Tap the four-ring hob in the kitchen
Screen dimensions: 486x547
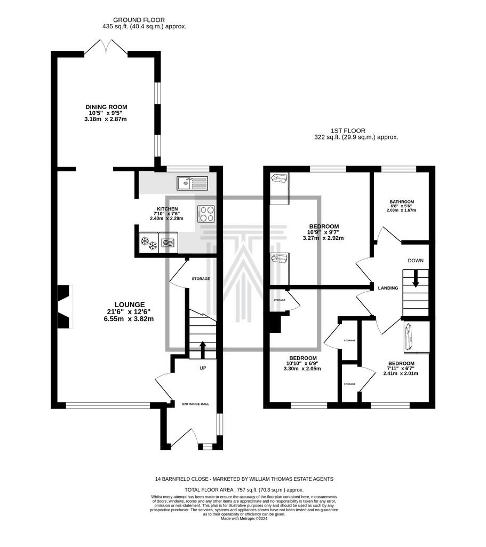click(x=206, y=214)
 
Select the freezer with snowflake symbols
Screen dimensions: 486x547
click(x=149, y=243)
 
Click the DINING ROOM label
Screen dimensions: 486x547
click(x=106, y=107)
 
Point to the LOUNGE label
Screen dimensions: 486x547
click(x=130, y=304)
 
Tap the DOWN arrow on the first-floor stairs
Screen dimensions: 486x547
click(x=415, y=279)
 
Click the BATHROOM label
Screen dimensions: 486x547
click(x=402, y=202)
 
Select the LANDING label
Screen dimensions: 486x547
click(x=388, y=288)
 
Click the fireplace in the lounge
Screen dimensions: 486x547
click(x=65, y=307)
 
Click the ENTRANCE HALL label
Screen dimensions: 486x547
click(x=196, y=404)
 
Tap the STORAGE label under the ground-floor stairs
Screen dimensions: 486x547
click(x=201, y=279)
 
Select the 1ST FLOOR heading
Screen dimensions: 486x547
click(x=348, y=131)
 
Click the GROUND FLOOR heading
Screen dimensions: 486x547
click(x=139, y=20)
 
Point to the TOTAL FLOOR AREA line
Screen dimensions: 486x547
click(x=244, y=490)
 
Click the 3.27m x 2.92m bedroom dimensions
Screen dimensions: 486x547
click(x=323, y=238)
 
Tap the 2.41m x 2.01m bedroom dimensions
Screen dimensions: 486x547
click(x=401, y=373)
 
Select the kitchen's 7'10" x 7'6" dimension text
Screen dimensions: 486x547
click(x=167, y=214)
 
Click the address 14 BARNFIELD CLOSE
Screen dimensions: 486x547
click(x=182, y=479)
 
